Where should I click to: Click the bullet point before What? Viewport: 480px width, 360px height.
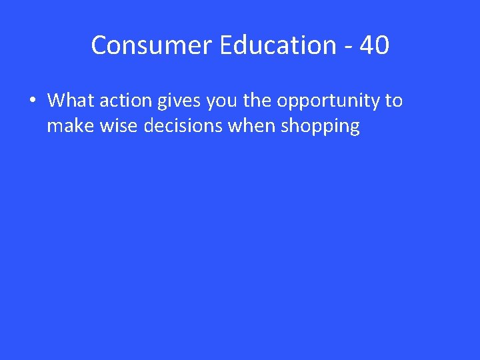pos(32,101)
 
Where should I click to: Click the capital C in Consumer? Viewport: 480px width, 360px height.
pos(99,45)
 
